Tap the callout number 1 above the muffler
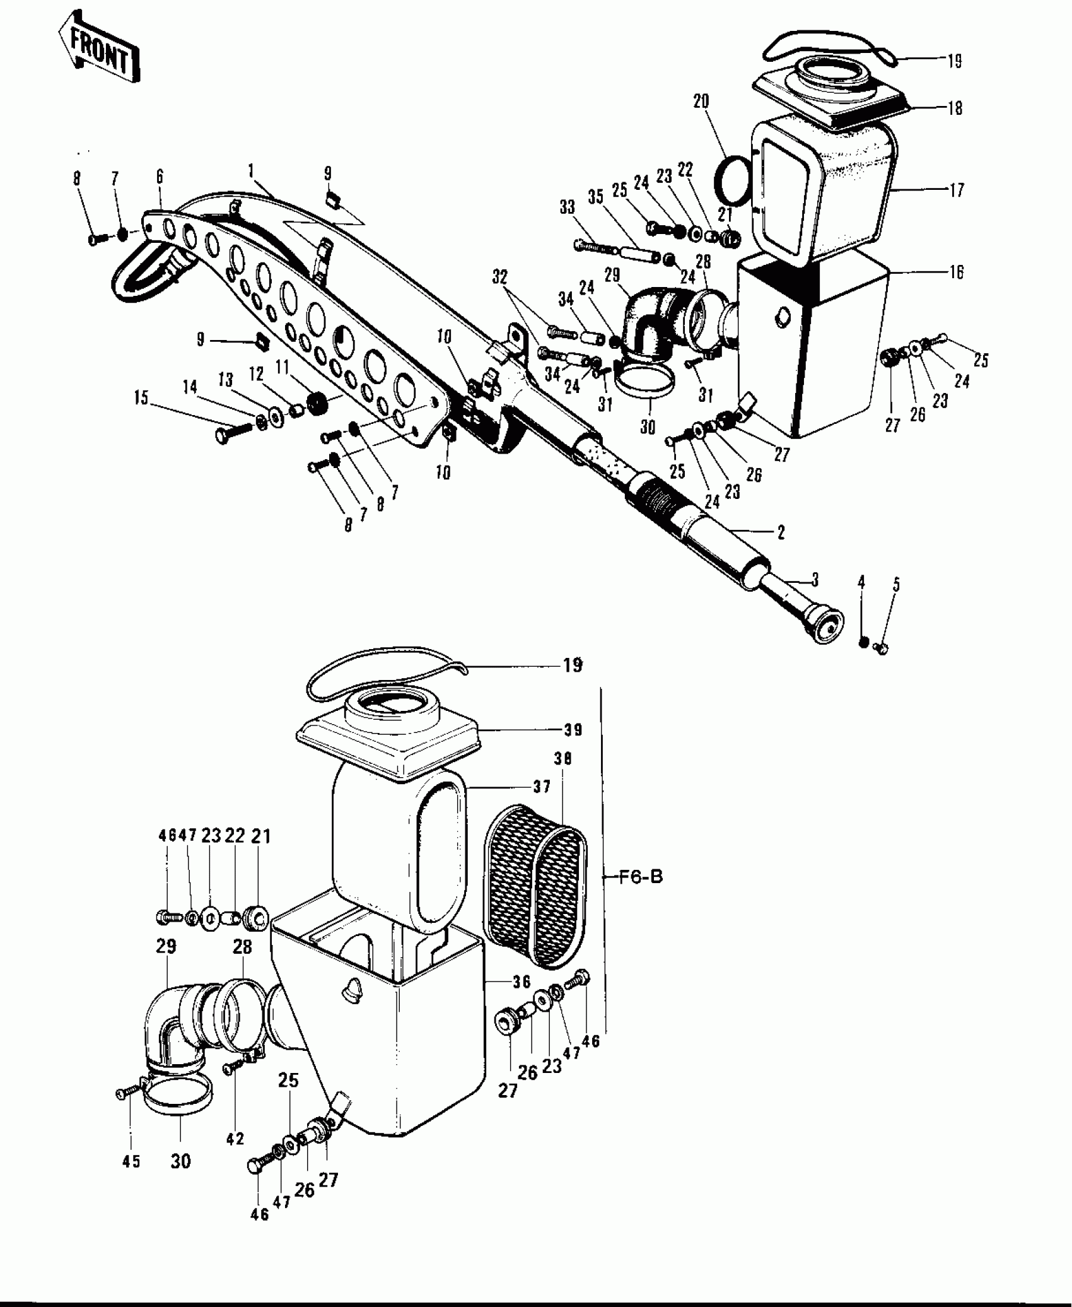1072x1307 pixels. [x=251, y=170]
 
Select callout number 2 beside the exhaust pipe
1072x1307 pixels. [x=781, y=532]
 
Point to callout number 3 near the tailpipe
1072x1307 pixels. [x=815, y=578]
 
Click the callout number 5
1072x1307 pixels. [x=896, y=584]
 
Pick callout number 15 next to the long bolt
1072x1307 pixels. [x=141, y=397]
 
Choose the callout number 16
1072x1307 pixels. [x=956, y=272]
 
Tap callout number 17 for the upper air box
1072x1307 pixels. [x=956, y=189]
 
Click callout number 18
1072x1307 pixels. [x=955, y=108]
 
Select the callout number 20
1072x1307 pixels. [x=701, y=102]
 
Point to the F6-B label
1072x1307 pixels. [x=640, y=876]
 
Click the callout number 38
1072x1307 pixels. [x=562, y=759]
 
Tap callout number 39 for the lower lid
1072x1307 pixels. [x=573, y=730]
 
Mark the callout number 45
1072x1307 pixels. [x=131, y=1161]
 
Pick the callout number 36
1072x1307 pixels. [x=521, y=982]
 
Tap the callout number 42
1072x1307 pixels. [x=235, y=1139]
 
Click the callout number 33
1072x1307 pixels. [x=567, y=206]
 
